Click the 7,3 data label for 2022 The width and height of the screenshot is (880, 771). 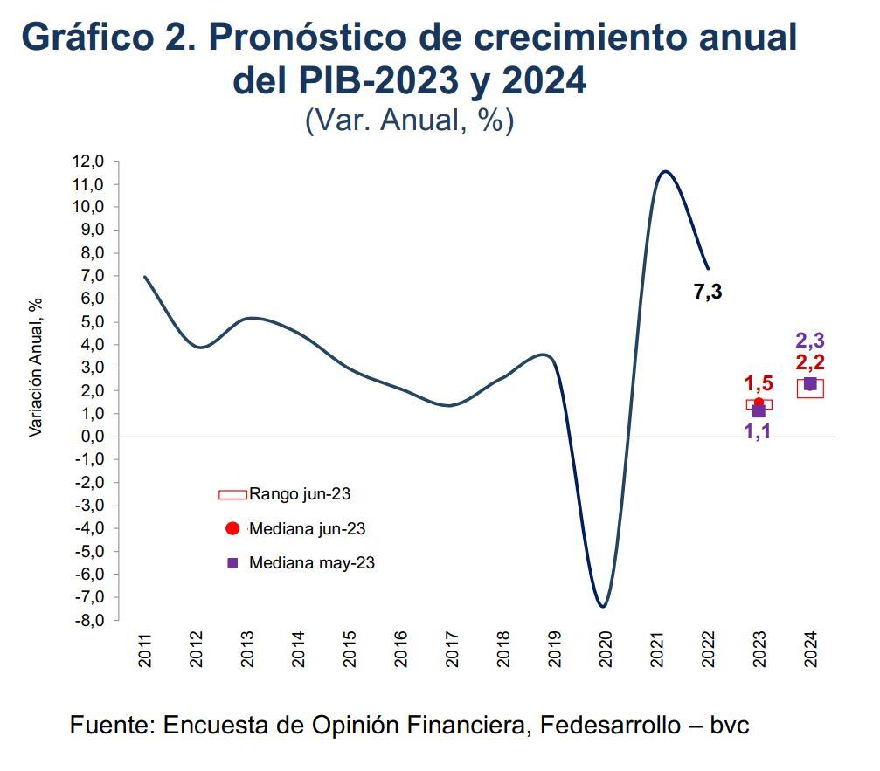point(708,293)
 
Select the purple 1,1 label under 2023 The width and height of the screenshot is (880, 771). point(757,430)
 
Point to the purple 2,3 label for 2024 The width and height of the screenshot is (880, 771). point(810,341)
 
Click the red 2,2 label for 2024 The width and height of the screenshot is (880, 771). point(810,362)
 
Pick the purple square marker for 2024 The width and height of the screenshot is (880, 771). point(810,384)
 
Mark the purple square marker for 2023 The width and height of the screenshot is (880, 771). point(759,411)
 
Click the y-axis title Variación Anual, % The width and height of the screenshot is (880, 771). point(36,367)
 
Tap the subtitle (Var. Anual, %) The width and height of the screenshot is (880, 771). point(409,120)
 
